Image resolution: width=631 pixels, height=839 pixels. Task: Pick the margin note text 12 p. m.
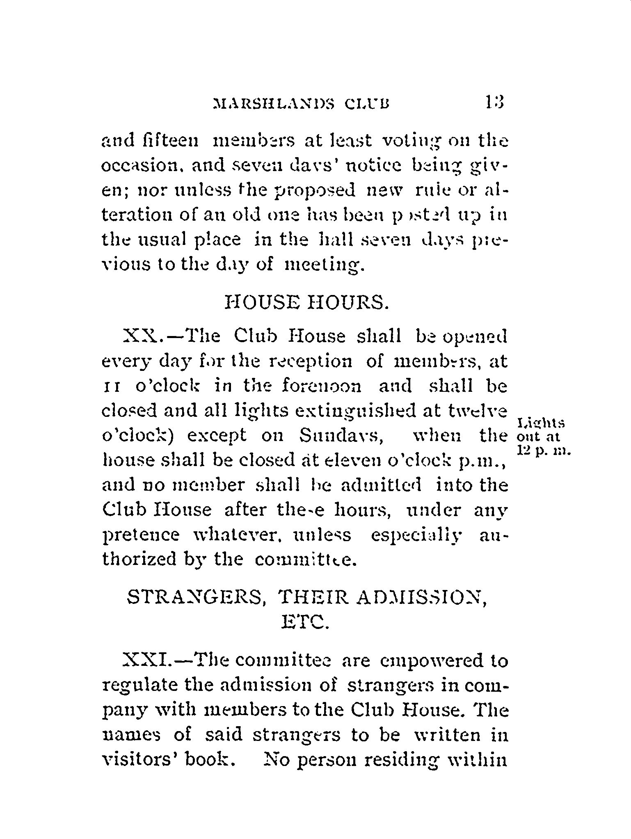tap(544, 451)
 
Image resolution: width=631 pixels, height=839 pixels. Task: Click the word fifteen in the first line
tap(174, 141)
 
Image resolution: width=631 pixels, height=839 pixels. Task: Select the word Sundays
tap(341, 436)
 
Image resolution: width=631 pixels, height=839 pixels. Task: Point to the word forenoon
tap(322, 386)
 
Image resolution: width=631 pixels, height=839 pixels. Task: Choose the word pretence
tap(140, 535)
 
